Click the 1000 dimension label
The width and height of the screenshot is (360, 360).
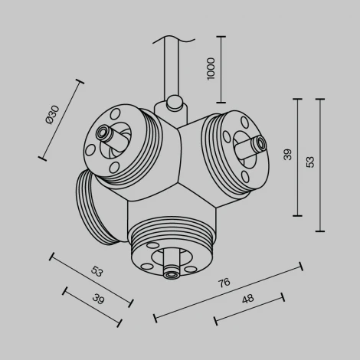[211, 70]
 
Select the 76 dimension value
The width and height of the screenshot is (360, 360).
[223, 283]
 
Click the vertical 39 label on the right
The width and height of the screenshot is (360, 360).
[287, 155]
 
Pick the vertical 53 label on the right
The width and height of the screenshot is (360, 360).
[310, 162]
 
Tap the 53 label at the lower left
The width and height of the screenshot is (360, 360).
[97, 271]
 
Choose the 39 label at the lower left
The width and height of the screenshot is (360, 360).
[99, 297]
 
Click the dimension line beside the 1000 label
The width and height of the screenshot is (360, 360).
[221, 69]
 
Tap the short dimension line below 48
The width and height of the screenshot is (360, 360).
[249, 308]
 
